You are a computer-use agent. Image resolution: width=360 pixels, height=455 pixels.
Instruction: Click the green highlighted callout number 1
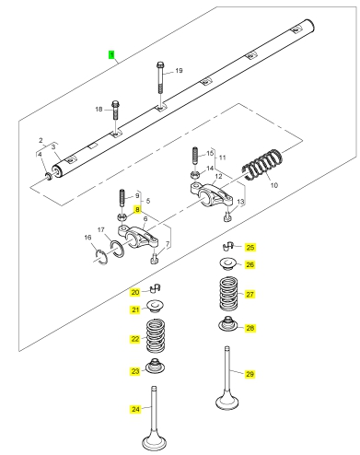point(111,55)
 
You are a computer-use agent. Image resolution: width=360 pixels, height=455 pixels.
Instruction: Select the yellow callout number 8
point(137,210)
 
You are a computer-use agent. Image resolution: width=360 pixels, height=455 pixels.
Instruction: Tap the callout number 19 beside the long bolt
point(179,71)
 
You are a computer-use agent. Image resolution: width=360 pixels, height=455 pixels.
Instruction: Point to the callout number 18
point(99,109)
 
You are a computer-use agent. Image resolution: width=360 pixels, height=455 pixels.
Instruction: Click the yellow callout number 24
point(135,409)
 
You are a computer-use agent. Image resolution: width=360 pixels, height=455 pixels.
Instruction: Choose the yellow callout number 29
point(250,374)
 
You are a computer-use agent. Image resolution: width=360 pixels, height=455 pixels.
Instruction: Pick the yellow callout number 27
point(250,294)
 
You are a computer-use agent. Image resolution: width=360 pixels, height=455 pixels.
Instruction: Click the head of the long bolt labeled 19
point(160,64)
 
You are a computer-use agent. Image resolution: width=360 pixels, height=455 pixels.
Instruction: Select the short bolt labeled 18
point(115,110)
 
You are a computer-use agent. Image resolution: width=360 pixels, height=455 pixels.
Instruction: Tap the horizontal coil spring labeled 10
point(262,165)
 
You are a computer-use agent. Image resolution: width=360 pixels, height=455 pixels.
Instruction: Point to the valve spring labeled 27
point(229,294)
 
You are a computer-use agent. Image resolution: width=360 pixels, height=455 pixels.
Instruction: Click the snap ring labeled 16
point(100,257)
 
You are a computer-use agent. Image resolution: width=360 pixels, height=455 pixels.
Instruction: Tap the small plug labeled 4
point(49,176)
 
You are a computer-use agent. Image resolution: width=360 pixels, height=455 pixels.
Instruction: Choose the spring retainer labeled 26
point(227,263)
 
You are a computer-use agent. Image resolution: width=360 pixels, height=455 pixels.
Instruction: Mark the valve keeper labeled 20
point(156,288)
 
